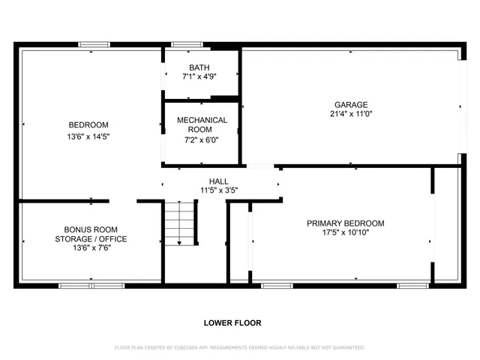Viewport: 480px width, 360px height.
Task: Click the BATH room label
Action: [x=199, y=67]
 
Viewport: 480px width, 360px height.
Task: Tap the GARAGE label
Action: [x=351, y=104]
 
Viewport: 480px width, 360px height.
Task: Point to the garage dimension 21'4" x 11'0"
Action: [x=351, y=114]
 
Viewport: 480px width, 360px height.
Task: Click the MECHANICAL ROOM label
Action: [x=202, y=124]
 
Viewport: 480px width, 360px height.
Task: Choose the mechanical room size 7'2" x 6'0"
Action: [x=202, y=139]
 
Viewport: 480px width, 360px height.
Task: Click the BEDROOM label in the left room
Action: [x=88, y=124]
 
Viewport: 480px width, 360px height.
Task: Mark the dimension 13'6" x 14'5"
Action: [x=88, y=136]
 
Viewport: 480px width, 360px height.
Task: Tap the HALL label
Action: [x=219, y=181]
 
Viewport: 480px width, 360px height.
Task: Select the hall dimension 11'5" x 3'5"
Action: [x=219, y=190]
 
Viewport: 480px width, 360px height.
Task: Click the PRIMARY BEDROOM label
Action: [x=346, y=223]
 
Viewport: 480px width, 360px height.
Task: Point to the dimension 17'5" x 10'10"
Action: [x=346, y=232]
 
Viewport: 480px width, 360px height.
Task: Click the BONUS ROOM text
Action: [x=90, y=229]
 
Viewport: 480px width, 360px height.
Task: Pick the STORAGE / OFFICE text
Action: [x=90, y=239]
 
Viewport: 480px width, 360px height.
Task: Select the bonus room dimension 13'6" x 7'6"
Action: [x=90, y=249]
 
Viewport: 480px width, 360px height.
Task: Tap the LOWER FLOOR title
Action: [x=232, y=323]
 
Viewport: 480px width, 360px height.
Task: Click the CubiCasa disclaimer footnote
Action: [x=239, y=347]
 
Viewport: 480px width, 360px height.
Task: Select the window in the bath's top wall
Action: [x=182, y=44]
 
